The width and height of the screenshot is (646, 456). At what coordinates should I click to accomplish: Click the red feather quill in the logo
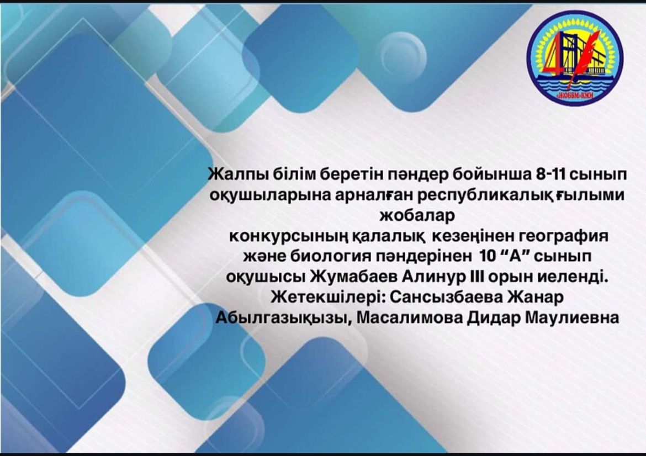574,62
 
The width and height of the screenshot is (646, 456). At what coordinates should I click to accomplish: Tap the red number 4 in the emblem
554,57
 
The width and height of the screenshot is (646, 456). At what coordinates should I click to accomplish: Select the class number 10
489,256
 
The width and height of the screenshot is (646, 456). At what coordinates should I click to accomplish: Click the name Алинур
434,277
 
